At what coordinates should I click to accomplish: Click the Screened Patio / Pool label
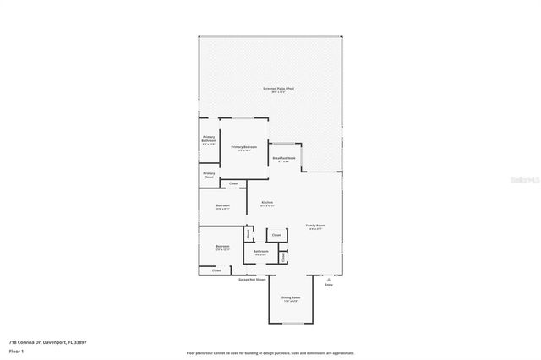(x=278, y=89)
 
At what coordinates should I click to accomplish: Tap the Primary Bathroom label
(x=209, y=140)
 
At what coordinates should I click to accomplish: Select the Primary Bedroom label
(x=243, y=147)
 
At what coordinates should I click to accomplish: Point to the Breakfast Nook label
(x=284, y=158)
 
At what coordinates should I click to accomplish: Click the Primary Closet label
(x=209, y=175)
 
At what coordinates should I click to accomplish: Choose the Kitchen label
(x=267, y=203)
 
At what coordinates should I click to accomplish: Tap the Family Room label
(x=314, y=226)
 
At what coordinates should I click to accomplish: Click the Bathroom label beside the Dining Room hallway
(x=261, y=251)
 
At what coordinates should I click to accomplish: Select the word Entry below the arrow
(x=329, y=285)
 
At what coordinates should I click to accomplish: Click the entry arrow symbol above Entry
(x=329, y=279)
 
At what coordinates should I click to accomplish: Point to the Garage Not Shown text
(x=252, y=279)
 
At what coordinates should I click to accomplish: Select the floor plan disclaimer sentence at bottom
(x=270, y=353)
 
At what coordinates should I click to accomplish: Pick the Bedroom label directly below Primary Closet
(x=223, y=206)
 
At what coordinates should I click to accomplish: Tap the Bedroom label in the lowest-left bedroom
(x=222, y=247)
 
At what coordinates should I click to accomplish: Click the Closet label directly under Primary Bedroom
(x=233, y=183)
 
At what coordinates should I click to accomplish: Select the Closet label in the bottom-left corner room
(x=216, y=270)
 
